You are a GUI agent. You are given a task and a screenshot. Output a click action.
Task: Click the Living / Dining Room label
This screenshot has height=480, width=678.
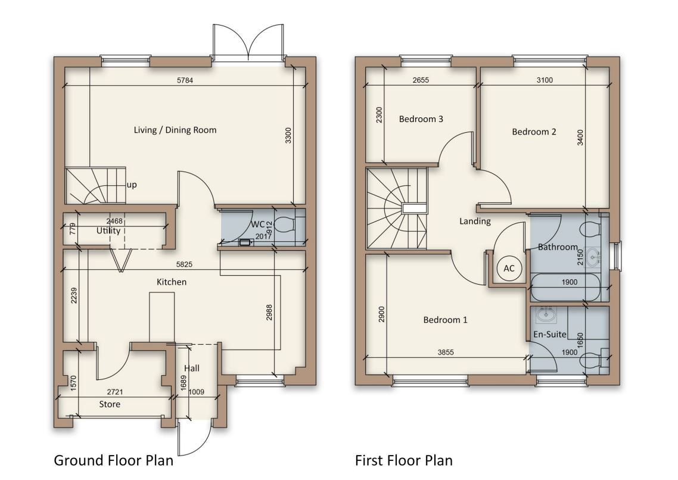[x=175, y=130]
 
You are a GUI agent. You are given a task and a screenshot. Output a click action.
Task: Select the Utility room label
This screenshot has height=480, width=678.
[x=108, y=230]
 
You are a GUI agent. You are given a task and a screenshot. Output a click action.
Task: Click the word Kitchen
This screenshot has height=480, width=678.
[x=172, y=282]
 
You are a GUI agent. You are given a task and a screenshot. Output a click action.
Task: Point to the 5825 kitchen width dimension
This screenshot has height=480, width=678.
[x=185, y=264]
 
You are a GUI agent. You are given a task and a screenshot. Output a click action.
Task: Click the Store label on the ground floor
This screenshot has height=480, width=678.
[x=109, y=404]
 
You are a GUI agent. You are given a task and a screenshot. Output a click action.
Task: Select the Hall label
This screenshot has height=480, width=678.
[x=191, y=369]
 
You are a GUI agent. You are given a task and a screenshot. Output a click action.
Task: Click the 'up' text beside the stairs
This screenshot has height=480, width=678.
[x=132, y=185]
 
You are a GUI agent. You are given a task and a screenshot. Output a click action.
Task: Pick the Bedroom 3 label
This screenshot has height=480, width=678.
[x=421, y=119]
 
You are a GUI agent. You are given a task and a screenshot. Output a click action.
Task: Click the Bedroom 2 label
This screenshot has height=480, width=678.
[x=534, y=132]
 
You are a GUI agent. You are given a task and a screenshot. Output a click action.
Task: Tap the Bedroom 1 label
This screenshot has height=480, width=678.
[x=445, y=320]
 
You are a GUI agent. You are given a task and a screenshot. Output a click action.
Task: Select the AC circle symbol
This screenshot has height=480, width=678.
[x=509, y=269]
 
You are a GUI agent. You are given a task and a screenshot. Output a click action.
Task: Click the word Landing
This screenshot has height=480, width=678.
[x=475, y=222]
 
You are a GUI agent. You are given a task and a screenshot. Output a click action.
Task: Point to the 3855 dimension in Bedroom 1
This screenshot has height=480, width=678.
[x=446, y=352]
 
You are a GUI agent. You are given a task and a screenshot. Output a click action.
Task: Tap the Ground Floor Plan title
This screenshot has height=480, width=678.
[x=113, y=460]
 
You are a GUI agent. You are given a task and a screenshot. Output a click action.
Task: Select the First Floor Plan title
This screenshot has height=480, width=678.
[x=403, y=460]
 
